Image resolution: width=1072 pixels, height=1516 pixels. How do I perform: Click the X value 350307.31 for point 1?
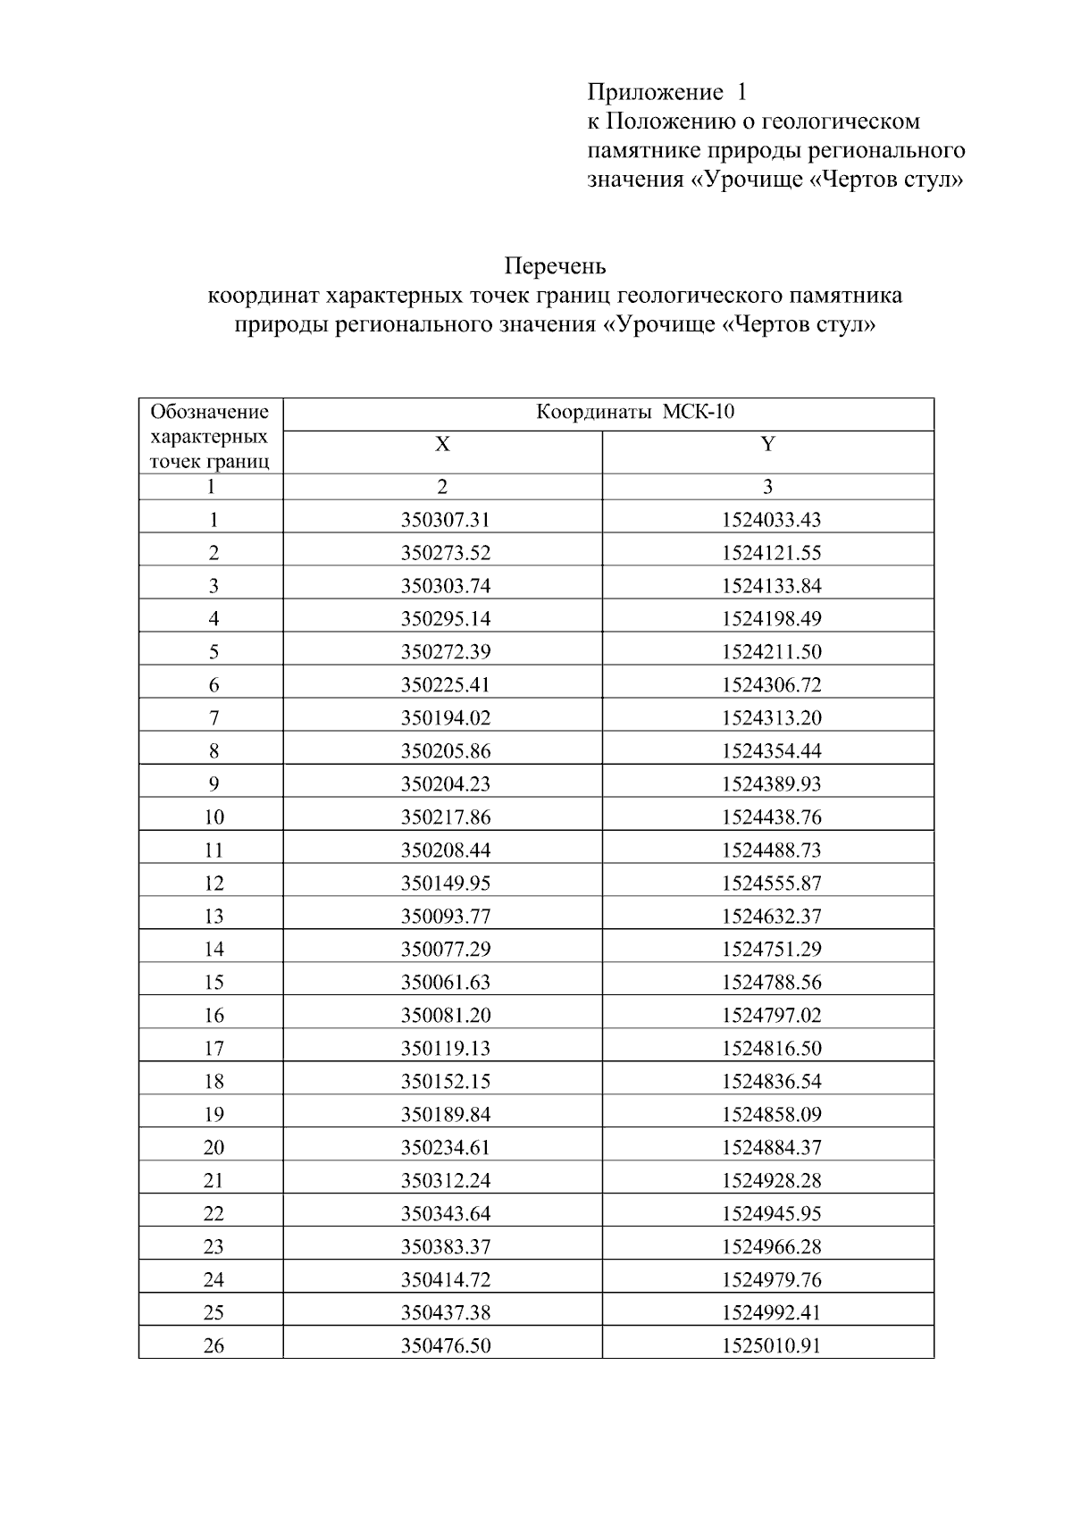(445, 520)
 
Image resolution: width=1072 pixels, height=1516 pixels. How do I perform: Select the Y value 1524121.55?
(771, 553)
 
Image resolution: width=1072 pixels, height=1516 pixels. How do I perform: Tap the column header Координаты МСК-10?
(634, 412)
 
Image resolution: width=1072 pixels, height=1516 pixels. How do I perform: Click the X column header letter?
(442, 444)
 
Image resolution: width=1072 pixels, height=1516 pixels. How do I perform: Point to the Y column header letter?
(767, 444)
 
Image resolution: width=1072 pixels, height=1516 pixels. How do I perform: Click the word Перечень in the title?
(555, 266)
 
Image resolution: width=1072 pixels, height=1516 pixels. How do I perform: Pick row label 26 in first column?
(214, 1345)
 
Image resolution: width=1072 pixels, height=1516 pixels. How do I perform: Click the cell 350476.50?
(445, 1345)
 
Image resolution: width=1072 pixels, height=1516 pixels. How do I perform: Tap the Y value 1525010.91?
(771, 1345)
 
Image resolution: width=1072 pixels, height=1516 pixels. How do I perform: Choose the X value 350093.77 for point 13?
(445, 917)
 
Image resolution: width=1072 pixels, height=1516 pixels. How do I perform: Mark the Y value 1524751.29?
(771, 950)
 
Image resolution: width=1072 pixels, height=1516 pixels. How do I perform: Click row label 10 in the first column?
(214, 817)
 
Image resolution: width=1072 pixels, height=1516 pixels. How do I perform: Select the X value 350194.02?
(445, 718)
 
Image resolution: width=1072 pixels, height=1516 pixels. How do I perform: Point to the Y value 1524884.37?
(771, 1147)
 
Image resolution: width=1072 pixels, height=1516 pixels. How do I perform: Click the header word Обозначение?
(209, 412)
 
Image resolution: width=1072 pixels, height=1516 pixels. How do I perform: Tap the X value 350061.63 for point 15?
(445, 983)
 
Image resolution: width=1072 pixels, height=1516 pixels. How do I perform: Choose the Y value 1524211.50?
(771, 652)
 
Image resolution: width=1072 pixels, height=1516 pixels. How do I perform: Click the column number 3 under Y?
(767, 487)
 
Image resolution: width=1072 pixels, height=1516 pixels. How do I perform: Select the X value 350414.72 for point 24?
(445, 1279)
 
